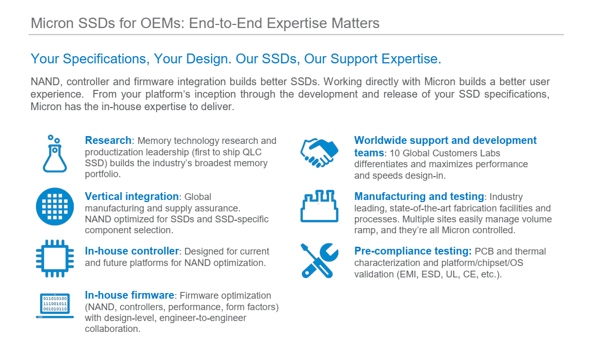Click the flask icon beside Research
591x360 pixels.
(55, 154)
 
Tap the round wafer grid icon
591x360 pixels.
(55, 206)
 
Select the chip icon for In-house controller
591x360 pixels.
(55, 258)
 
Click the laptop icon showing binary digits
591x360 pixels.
(55, 305)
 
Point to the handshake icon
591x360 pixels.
(319, 153)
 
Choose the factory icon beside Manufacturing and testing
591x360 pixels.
(319, 206)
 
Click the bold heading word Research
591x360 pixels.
(108, 140)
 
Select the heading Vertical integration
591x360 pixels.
(132, 196)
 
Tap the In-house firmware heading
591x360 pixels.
(129, 295)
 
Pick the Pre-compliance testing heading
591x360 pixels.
(413, 251)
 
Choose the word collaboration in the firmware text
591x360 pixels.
(112, 329)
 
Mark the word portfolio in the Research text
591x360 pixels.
(102, 175)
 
